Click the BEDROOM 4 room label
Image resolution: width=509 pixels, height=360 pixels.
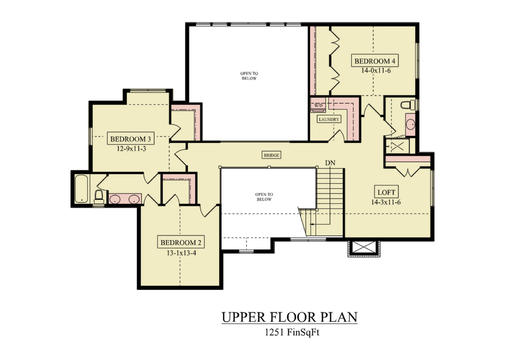[x=375, y=61]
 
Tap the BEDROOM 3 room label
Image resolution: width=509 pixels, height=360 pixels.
[x=131, y=139]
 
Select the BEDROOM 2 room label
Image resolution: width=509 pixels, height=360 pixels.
[x=181, y=243]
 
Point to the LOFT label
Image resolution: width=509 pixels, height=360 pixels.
[x=386, y=192]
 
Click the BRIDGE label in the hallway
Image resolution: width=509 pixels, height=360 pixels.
[x=271, y=156]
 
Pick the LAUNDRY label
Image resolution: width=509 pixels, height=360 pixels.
[x=329, y=119]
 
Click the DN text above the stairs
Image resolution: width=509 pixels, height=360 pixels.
[x=330, y=163]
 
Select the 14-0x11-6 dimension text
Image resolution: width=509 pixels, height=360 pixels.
[x=376, y=71]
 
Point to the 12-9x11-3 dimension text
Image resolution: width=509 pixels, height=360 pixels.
[x=131, y=149]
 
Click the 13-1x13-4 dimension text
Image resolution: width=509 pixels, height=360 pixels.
[x=181, y=253]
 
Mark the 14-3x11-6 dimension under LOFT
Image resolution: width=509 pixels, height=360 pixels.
[x=386, y=202]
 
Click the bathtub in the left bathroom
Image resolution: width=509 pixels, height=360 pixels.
[x=81, y=189]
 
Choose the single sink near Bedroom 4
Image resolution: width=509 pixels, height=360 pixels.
[x=410, y=124]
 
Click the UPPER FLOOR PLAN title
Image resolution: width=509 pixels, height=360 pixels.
[x=290, y=317]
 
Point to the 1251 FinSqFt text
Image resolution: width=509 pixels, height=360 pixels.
[x=292, y=333]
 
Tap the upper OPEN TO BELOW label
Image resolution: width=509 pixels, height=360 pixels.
[x=250, y=76]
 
